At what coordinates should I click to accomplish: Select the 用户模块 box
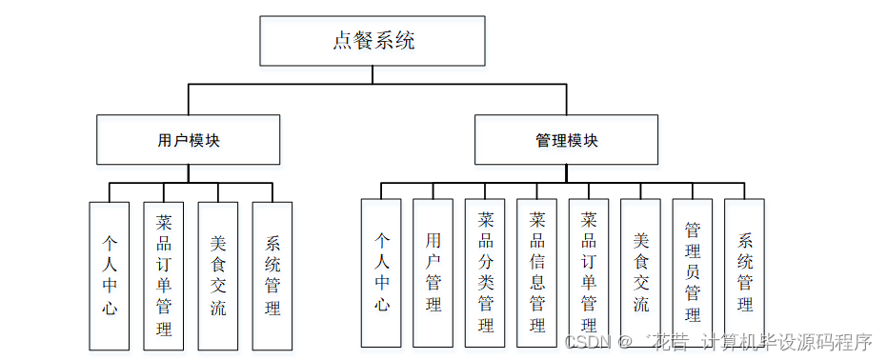pos(189,140)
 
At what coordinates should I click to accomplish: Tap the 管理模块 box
pos(566,140)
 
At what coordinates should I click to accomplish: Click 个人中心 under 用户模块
pos(110,275)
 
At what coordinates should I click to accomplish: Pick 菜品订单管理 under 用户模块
pos(164,275)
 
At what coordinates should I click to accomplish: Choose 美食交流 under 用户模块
pos(218,275)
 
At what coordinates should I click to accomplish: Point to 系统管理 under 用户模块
pos(272,275)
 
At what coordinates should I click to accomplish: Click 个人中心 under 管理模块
pos(381,272)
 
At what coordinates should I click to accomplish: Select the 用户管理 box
pos(433,272)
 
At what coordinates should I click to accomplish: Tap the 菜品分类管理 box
pos(485,272)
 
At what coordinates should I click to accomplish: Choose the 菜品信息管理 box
pos(537,272)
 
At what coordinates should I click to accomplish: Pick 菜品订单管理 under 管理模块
pos(589,272)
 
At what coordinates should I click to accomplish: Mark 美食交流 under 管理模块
pos(641,272)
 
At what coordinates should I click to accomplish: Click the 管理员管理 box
pos(693,272)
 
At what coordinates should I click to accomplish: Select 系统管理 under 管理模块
pos(745,272)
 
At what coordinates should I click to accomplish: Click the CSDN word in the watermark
pos(586,341)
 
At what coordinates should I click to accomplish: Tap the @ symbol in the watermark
pos(625,341)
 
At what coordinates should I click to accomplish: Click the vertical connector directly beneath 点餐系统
pos(373,75)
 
